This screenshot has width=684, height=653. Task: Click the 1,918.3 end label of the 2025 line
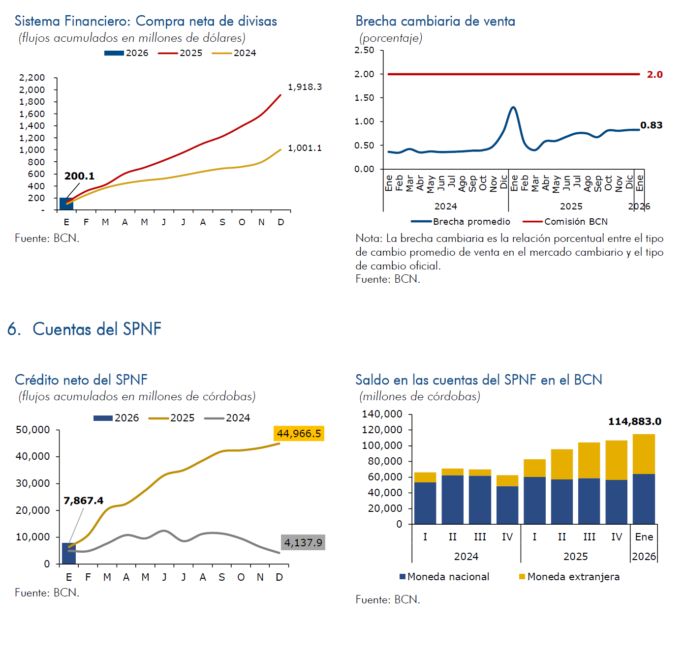(x=305, y=87)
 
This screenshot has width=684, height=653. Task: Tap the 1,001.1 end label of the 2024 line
(x=305, y=148)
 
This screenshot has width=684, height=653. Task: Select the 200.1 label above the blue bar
(x=79, y=176)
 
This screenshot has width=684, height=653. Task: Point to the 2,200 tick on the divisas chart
(x=32, y=78)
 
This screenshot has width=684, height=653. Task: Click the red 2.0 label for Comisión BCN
(x=654, y=75)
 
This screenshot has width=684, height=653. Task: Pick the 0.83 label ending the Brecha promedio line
(x=651, y=125)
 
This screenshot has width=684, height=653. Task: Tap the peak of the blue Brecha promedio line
(x=513, y=107)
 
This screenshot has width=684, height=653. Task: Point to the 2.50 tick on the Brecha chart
(x=364, y=50)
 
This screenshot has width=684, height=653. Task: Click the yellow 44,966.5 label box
(x=299, y=434)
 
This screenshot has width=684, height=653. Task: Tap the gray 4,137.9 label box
(x=303, y=543)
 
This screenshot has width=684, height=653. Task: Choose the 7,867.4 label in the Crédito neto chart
(x=83, y=501)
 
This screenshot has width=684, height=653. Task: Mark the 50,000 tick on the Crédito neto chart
(x=33, y=430)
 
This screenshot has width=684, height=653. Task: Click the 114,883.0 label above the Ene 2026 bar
(x=634, y=422)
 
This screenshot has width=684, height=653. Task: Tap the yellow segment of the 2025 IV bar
(x=616, y=460)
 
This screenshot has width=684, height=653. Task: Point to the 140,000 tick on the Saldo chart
(x=382, y=414)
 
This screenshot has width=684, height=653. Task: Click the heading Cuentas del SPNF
(x=96, y=329)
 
